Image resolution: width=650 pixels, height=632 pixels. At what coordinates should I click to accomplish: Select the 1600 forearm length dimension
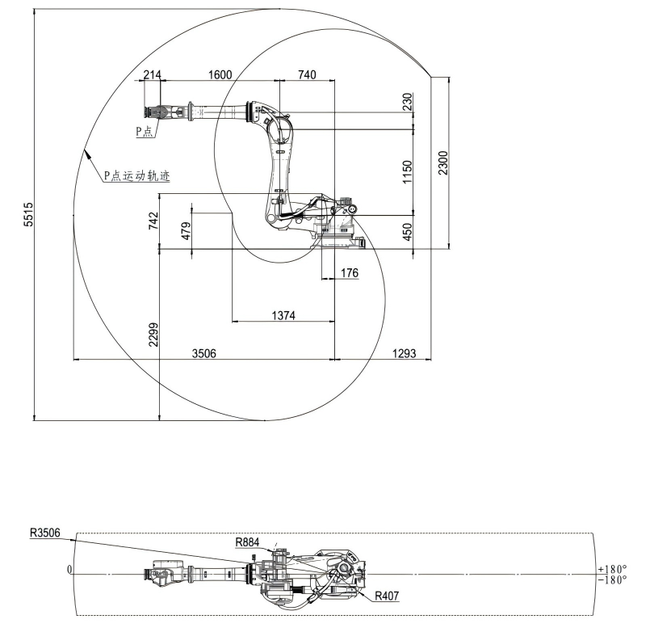pyautogui.click(x=220, y=74)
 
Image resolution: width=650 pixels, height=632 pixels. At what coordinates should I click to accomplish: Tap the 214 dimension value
pyautogui.click(x=152, y=74)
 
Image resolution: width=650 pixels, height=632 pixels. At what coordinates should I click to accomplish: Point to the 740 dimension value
pyautogui.click(x=307, y=74)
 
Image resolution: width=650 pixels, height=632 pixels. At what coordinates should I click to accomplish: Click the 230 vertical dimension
pyautogui.click(x=408, y=101)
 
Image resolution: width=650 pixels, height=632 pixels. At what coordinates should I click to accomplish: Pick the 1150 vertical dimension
pyautogui.click(x=408, y=172)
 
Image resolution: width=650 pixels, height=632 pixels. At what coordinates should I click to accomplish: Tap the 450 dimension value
pyautogui.click(x=408, y=232)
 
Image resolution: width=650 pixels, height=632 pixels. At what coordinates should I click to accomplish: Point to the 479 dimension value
pyautogui.click(x=187, y=231)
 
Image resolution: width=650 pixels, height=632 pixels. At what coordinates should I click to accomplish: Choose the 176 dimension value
pyautogui.click(x=349, y=273)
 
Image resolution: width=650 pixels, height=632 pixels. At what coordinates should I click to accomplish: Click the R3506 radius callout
pyautogui.click(x=49, y=533)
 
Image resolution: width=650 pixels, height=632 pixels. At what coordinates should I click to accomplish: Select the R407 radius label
pyautogui.click(x=386, y=596)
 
